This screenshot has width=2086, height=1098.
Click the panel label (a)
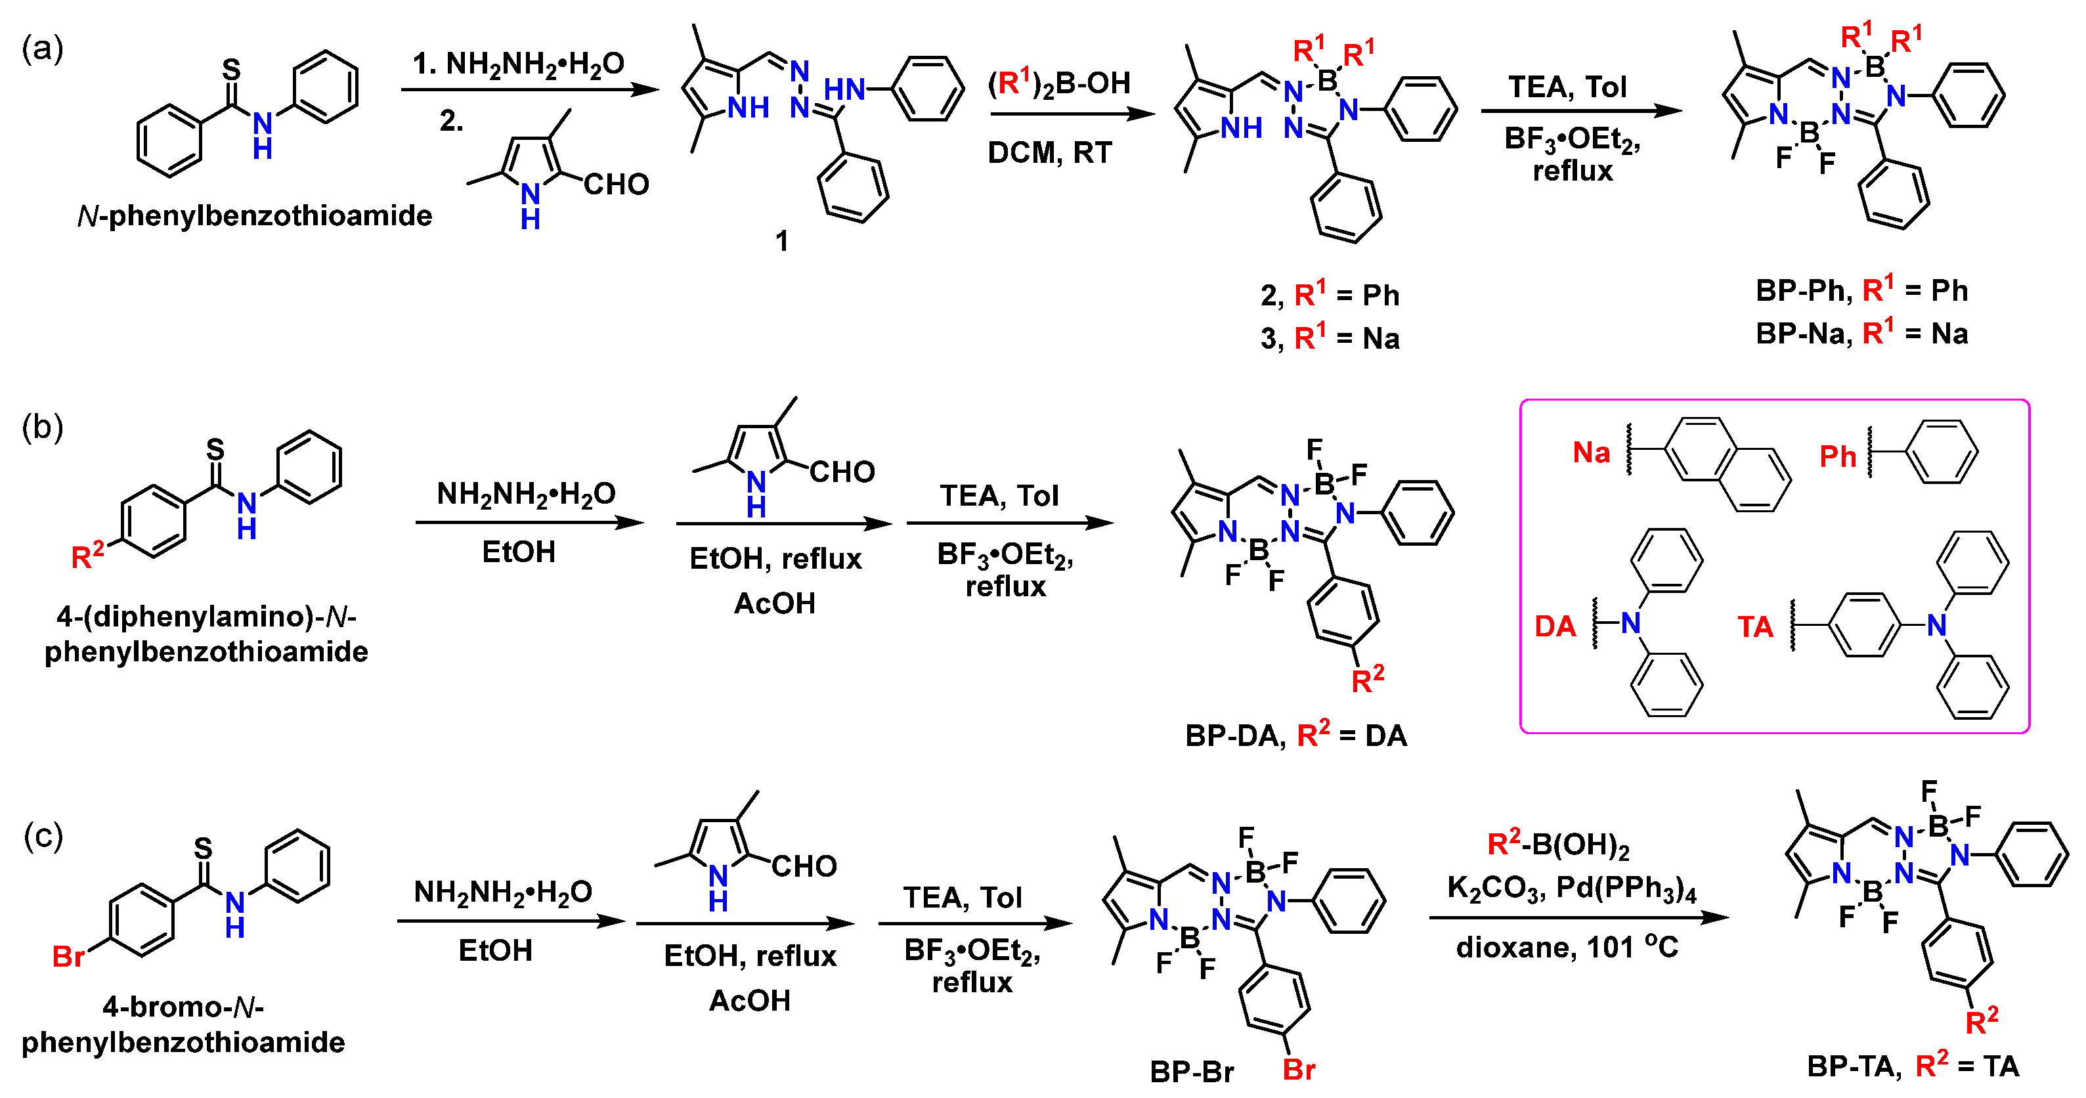coord(42,49)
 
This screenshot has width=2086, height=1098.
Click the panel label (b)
coord(42,427)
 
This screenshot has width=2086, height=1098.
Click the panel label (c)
coord(42,835)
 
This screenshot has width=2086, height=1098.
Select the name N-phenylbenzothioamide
coord(254,215)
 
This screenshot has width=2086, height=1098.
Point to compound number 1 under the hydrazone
coord(781,240)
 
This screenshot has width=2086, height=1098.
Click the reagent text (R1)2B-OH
coord(1058,83)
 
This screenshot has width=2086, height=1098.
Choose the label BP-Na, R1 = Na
coord(1861,333)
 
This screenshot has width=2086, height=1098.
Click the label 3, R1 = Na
coord(1330,338)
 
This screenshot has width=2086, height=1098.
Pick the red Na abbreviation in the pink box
coord(1590,452)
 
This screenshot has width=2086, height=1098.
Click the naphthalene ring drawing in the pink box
coord(1725,465)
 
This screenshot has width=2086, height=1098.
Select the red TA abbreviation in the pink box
coord(1755,626)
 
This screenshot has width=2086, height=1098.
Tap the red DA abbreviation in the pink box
coord(1555,626)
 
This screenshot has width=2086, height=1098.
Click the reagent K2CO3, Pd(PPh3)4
coord(1571,889)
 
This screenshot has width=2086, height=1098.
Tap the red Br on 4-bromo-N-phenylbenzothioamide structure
coord(68,956)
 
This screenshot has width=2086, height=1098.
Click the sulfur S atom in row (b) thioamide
coord(215,448)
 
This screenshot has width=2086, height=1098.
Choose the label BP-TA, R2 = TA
coord(1913,1066)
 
